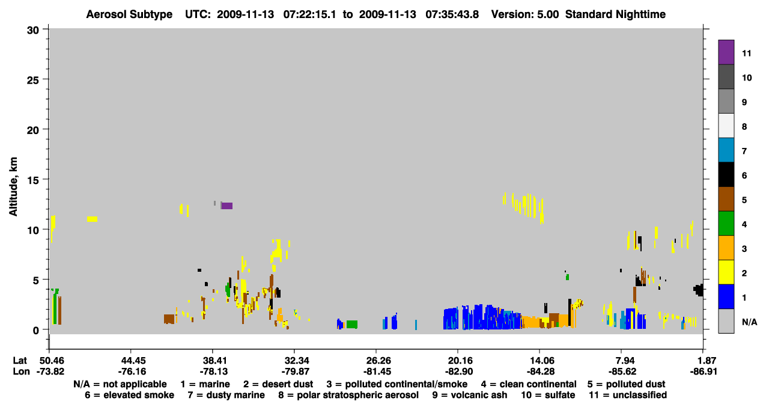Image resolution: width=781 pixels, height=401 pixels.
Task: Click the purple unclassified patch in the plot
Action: pyautogui.click(x=227, y=206)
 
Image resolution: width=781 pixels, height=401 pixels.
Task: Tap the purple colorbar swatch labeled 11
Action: pyautogui.click(x=726, y=52)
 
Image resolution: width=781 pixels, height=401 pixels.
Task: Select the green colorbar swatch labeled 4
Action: pyautogui.click(x=726, y=224)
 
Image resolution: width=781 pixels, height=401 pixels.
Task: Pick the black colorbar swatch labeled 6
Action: pyautogui.click(x=726, y=174)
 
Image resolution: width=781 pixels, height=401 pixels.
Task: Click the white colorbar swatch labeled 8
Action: pyautogui.click(x=726, y=126)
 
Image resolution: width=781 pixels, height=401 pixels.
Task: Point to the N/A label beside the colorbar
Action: pyautogui.click(x=749, y=322)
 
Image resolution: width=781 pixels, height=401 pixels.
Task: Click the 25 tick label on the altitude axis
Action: pyautogui.click(x=33, y=80)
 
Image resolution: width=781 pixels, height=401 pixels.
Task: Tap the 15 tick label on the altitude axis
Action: pyautogui.click(x=33, y=180)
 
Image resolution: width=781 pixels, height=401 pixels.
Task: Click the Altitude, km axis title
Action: pyautogui.click(x=13, y=187)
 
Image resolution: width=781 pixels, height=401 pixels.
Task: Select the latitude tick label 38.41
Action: pyautogui.click(x=213, y=360)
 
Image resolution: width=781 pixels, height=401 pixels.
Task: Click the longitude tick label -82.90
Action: pyautogui.click(x=458, y=372)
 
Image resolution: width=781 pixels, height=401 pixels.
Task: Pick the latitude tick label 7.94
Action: pyautogui.click(x=621, y=360)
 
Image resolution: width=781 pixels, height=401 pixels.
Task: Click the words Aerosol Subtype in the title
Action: pyautogui.click(x=129, y=14)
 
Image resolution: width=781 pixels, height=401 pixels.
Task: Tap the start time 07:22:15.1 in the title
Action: pyautogui.click(x=309, y=14)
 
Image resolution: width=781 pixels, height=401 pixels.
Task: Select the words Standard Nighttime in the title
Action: pyautogui.click(x=615, y=14)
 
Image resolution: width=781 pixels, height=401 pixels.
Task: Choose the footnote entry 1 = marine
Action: pyautogui.click(x=205, y=384)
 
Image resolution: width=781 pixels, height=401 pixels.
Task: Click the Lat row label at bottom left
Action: pyautogui.click(x=20, y=360)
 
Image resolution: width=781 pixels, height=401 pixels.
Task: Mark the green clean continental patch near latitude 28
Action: pyautogui.click(x=352, y=324)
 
